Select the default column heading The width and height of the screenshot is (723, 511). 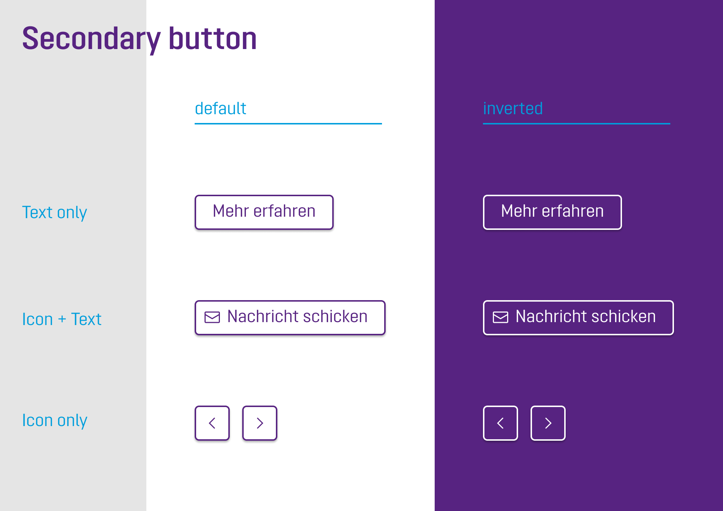[x=220, y=108]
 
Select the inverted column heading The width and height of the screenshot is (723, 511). [x=513, y=108]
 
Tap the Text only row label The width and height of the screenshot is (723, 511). [x=55, y=213]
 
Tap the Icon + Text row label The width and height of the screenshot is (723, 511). [x=62, y=319]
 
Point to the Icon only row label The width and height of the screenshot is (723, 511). [x=55, y=421]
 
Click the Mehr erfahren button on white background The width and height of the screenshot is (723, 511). [x=264, y=212]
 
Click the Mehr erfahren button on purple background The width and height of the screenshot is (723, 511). [x=552, y=212]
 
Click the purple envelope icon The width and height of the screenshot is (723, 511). [x=212, y=317]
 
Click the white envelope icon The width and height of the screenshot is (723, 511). [x=501, y=317]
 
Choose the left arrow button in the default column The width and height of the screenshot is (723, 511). [x=212, y=423]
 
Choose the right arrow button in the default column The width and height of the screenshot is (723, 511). [x=260, y=423]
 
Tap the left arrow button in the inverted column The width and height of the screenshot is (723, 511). [x=501, y=423]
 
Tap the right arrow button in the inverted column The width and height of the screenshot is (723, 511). [x=548, y=423]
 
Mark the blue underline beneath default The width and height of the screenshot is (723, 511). [x=288, y=124]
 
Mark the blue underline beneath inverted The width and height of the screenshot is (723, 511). [x=577, y=124]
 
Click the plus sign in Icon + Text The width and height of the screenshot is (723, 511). [x=62, y=319]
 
